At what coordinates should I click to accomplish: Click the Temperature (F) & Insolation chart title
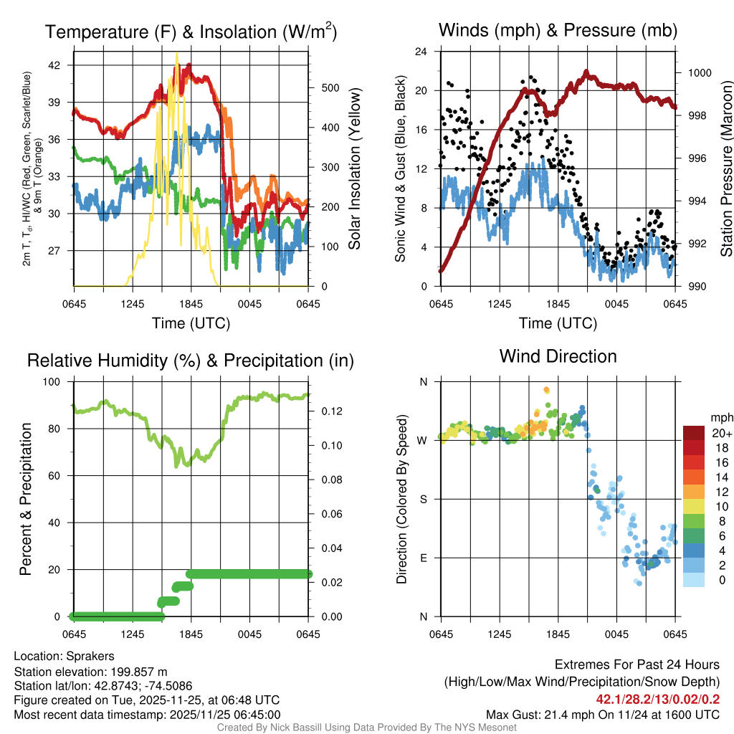click(191, 32)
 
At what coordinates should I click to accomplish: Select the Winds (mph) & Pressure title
click(558, 30)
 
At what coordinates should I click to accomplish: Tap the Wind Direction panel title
click(558, 356)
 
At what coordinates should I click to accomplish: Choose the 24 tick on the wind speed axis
click(421, 52)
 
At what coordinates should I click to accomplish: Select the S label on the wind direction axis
click(423, 499)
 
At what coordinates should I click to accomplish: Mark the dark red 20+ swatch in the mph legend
click(696, 433)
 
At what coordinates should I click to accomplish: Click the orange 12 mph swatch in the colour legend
click(696, 491)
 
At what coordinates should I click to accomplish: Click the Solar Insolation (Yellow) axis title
click(354, 169)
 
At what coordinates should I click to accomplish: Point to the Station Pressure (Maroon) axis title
click(725, 169)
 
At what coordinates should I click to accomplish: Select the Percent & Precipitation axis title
click(26, 499)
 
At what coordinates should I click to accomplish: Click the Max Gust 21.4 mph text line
click(602, 715)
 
